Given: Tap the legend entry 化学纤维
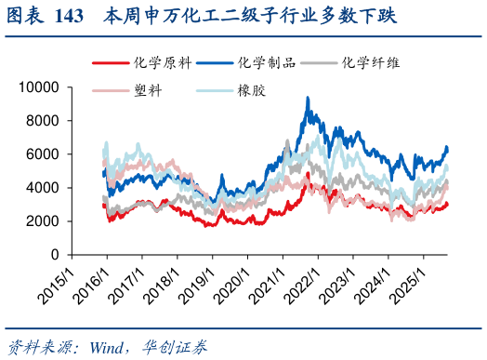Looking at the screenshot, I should tap(372, 62).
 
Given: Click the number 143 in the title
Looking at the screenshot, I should tap(70, 17).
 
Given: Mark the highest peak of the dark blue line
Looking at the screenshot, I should tap(309, 98).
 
